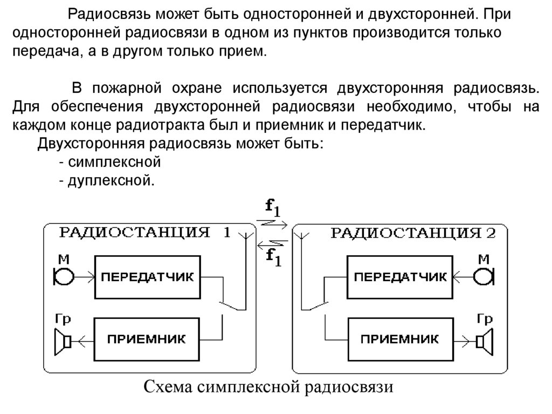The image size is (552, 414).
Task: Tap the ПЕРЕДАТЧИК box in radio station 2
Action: tap(399, 277)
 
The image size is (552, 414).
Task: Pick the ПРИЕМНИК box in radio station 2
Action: tap(399, 340)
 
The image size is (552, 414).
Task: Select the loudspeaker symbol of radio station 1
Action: tap(63, 341)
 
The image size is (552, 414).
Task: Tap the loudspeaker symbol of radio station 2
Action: tap(485, 341)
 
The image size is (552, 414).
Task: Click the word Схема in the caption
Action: tap(169, 388)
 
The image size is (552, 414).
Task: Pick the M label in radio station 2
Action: tap(484, 260)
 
